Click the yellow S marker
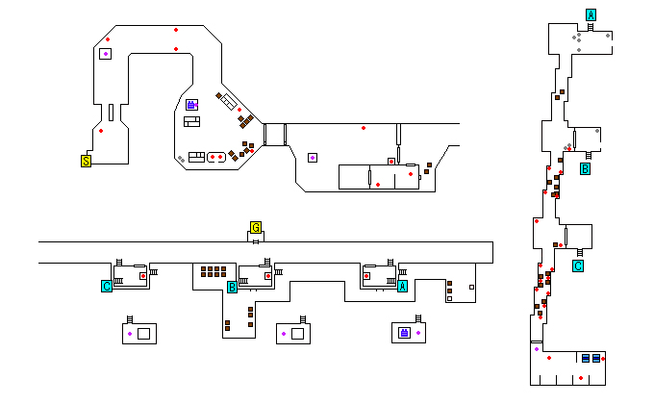click(x=86, y=161)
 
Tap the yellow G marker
click(x=256, y=228)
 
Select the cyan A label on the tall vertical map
click(x=591, y=14)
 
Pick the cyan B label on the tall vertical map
click(x=585, y=169)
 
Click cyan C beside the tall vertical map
click(x=578, y=266)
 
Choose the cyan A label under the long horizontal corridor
click(x=402, y=286)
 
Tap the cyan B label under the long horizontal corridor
click(x=232, y=287)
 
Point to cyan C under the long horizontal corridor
click(x=107, y=286)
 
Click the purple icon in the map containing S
click(x=191, y=104)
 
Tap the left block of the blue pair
click(x=586, y=358)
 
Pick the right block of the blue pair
click(x=597, y=358)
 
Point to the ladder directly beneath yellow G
click(x=256, y=240)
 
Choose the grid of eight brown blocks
click(x=214, y=272)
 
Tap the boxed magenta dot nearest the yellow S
click(x=105, y=54)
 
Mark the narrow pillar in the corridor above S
click(x=112, y=113)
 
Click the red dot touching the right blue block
click(x=604, y=358)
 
